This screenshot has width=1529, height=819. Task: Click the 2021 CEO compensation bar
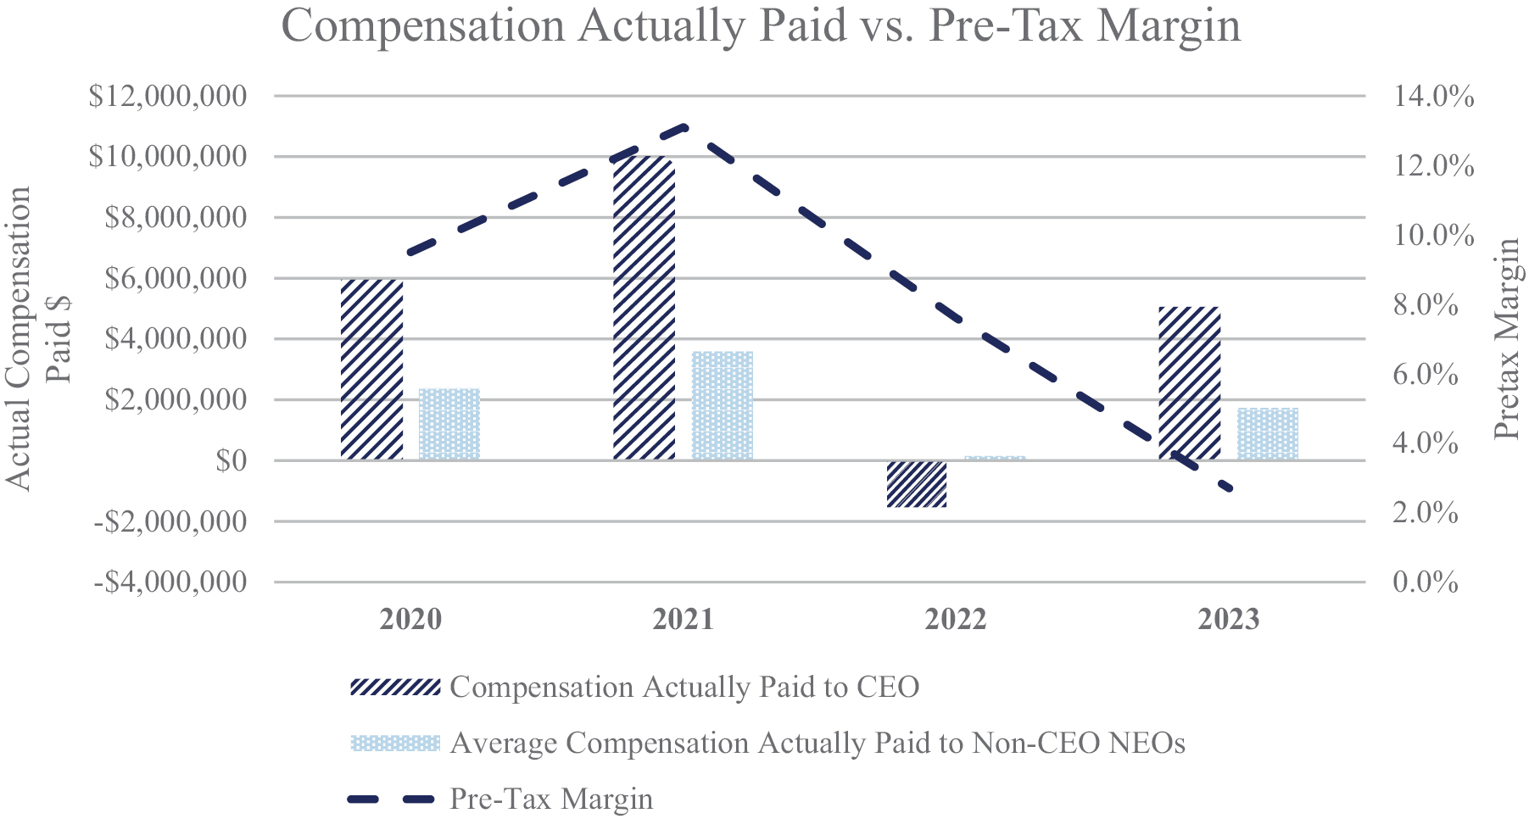[x=644, y=309]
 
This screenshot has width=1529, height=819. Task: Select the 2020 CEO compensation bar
[x=371, y=370]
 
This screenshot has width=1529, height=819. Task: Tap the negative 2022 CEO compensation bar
[x=917, y=484]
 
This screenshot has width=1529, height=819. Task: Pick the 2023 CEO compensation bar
[x=1189, y=383]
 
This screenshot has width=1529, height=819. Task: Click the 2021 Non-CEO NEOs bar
[x=723, y=405]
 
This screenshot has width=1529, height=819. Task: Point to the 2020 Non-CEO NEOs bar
[x=449, y=424]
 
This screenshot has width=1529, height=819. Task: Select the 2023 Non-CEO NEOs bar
[x=1268, y=434]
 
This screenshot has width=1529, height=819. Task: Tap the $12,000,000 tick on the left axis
[x=168, y=96]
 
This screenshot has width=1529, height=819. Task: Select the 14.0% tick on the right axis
[x=1434, y=96]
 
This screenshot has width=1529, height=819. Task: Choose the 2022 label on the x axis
[x=956, y=620]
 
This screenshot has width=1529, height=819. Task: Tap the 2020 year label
[x=410, y=620]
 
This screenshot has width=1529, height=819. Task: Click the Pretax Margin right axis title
[x=1507, y=339]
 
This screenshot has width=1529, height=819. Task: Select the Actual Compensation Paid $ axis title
[x=38, y=339]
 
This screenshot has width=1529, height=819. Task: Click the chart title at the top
[x=761, y=25]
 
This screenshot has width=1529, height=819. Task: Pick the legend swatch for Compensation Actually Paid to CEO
[x=395, y=687]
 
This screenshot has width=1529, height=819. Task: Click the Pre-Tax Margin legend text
[x=551, y=799]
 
